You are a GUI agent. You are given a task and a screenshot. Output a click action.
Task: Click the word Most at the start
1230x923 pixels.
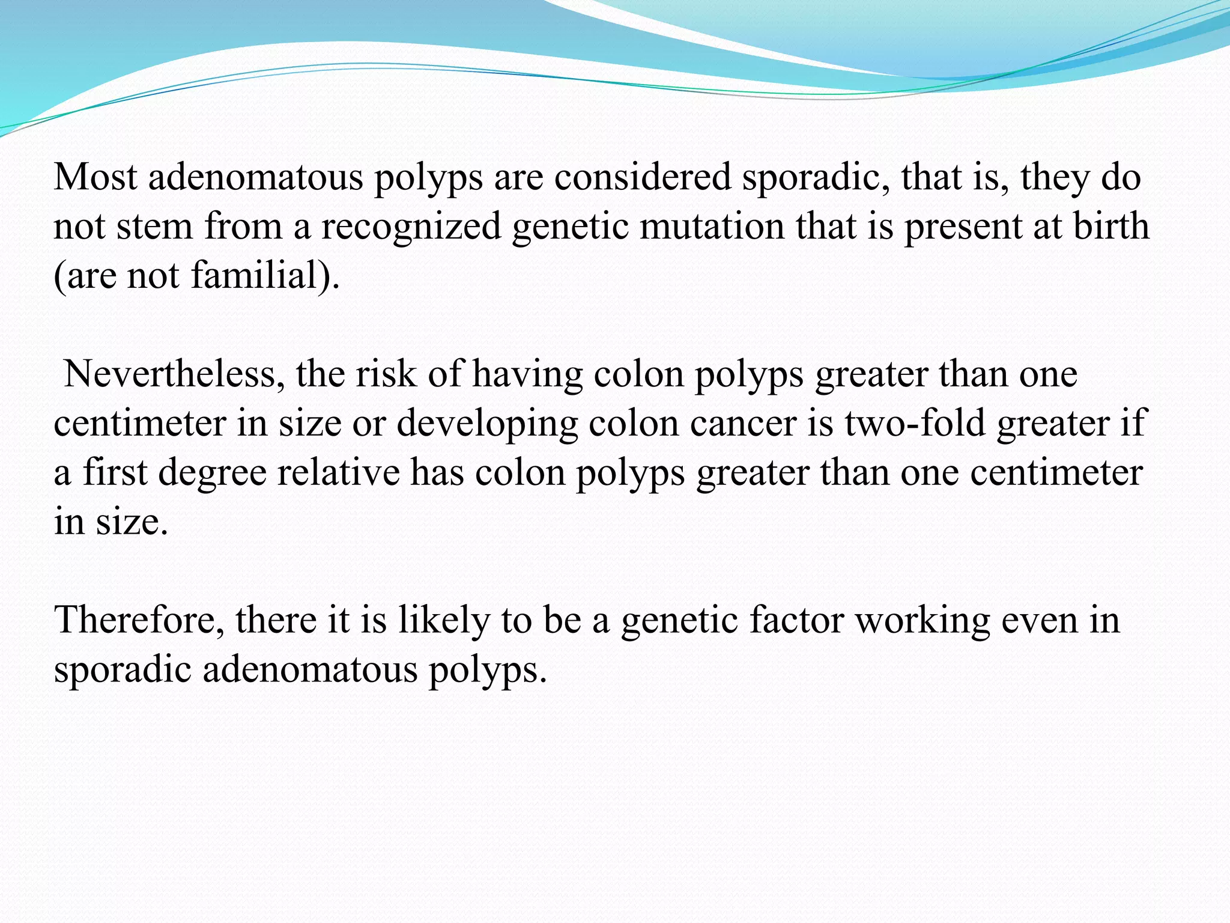[95, 177]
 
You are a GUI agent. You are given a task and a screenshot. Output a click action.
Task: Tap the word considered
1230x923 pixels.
[642, 177]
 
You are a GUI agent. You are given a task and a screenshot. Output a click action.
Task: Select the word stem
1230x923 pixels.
[154, 227]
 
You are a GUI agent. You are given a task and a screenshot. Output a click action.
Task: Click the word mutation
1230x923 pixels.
[712, 227]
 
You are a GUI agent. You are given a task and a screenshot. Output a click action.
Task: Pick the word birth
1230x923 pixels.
[1111, 227]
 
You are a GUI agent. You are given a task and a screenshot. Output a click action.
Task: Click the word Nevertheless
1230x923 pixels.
[174, 374]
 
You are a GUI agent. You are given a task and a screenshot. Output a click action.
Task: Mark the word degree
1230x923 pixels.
[213, 473]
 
